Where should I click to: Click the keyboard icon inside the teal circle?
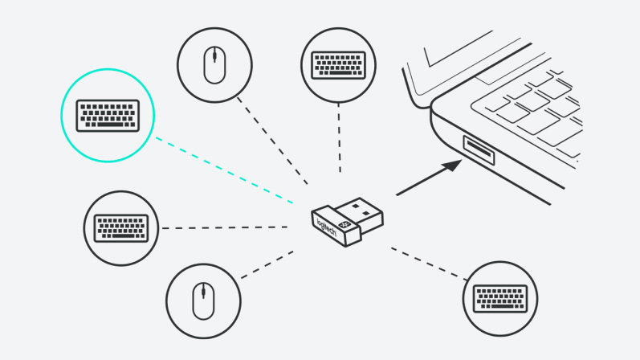point(107,115)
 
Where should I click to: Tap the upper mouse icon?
point(214,65)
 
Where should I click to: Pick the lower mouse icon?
point(203,301)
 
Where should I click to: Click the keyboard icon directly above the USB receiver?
point(338,64)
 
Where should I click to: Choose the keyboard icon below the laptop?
point(499,298)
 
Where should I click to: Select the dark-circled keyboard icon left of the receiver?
point(120,228)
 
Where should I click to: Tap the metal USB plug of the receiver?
point(365,210)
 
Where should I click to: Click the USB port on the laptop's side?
point(479,150)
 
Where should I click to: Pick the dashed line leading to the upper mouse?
point(273,141)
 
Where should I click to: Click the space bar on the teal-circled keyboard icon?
point(108,125)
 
